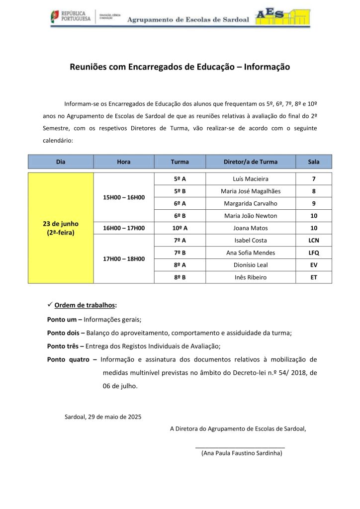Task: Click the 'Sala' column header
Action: pos(313,162)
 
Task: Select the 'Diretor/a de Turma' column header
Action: pos(250,162)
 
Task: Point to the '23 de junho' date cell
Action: pos(61,228)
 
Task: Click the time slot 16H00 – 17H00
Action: pos(124,228)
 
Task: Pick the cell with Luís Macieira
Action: pos(250,179)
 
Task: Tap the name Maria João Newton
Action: pos(250,216)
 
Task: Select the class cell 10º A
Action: pos(180,228)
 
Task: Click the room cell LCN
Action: pos(313,241)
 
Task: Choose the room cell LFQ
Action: pos(313,253)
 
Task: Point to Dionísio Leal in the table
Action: pos(250,265)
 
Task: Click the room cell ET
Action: pos(313,277)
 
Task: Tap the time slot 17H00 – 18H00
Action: pos(124,258)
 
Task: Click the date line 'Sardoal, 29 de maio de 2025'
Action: pos(103,417)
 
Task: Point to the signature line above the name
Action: pos(240,448)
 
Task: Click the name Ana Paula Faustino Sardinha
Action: pos(242,453)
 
